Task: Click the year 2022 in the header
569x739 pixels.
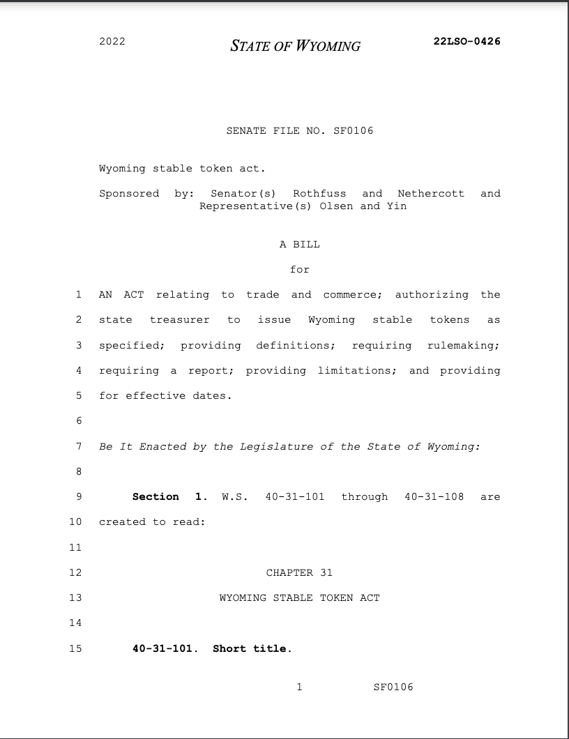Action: [112, 41]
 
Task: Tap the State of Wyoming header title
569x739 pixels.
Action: [296, 47]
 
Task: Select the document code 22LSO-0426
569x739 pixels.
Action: [466, 41]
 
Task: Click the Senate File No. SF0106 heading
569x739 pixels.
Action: [300, 131]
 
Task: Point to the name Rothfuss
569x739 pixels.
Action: [319, 193]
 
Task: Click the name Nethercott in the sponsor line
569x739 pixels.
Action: [431, 193]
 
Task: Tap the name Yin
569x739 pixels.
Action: [397, 206]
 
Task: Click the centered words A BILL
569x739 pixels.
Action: [300, 244]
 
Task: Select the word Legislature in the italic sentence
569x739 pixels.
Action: [277, 446]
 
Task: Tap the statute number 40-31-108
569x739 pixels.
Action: [434, 497]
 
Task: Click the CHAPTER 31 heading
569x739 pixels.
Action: [300, 573]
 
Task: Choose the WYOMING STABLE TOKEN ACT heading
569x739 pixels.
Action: [300, 598]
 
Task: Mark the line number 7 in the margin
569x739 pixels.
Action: [79, 446]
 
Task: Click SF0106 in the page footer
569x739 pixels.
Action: [393, 687]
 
